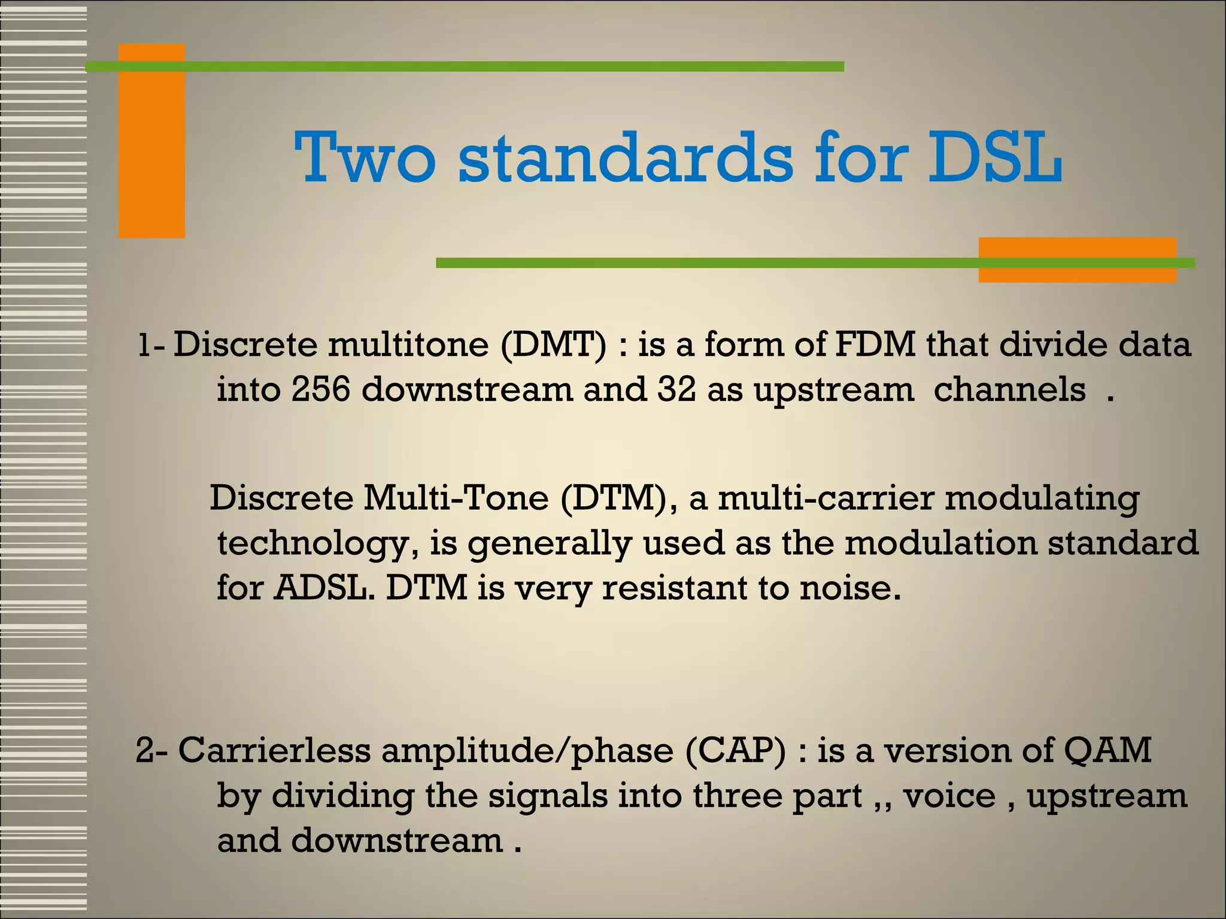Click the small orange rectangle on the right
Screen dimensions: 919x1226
pos(1078,260)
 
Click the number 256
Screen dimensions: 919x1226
pos(320,389)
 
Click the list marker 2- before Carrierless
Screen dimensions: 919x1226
pos(152,750)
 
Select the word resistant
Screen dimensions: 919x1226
pos(673,588)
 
